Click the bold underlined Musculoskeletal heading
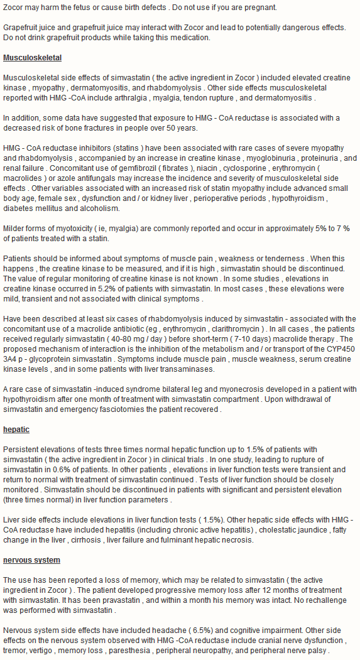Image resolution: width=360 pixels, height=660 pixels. point(32,58)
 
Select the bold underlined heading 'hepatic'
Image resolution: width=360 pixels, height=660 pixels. point(16,430)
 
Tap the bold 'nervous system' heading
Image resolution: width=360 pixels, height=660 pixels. point(31,560)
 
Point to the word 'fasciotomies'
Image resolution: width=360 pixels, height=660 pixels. point(142,409)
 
